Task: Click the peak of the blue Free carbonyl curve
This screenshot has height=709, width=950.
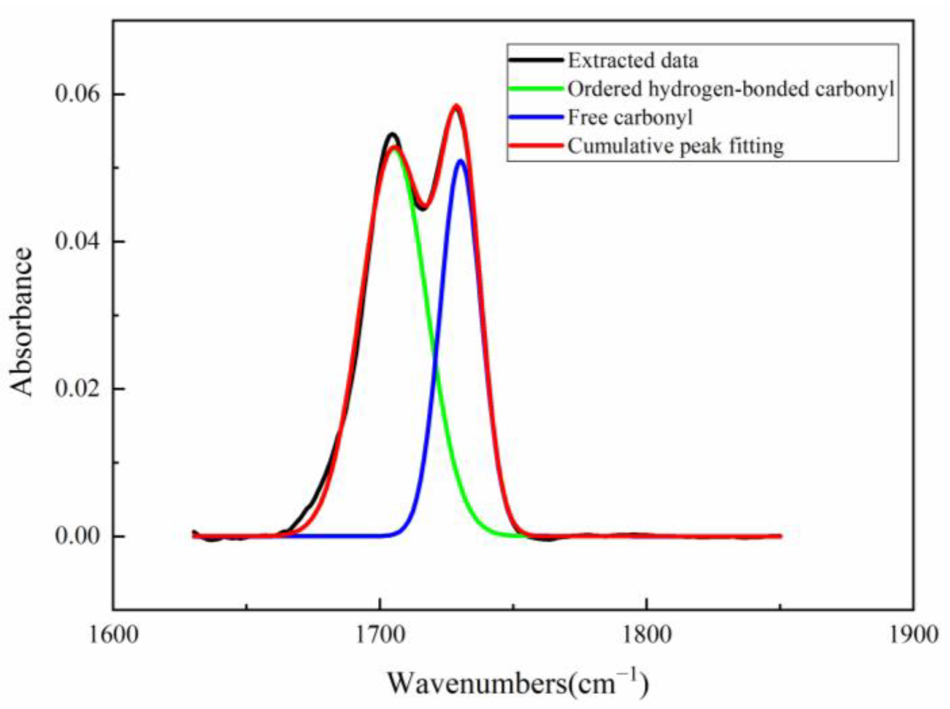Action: point(460,160)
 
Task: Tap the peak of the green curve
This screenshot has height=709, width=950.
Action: point(395,150)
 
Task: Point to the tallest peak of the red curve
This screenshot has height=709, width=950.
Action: point(456,107)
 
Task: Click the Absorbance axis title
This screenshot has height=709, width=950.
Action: point(21,322)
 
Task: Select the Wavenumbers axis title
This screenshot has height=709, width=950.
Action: point(518,683)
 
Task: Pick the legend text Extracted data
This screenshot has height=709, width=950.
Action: point(632,61)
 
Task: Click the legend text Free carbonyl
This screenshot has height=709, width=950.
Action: point(630,118)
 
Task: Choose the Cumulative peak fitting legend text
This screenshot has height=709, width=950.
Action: point(675,146)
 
